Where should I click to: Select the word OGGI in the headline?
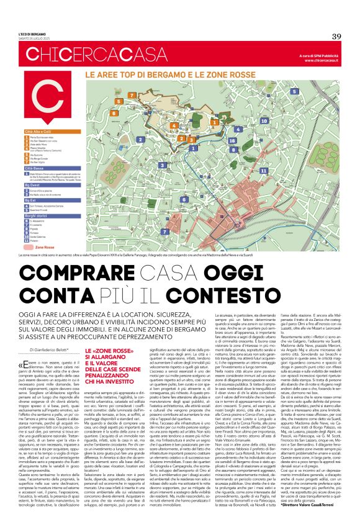point(232,290)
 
